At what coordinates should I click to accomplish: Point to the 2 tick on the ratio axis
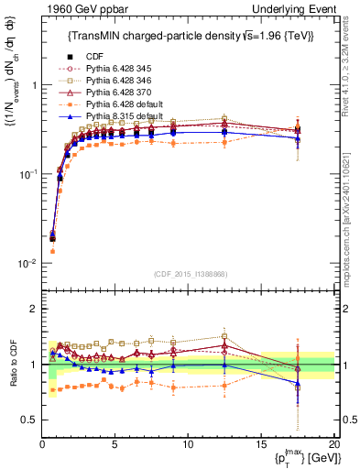pos(35,309)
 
